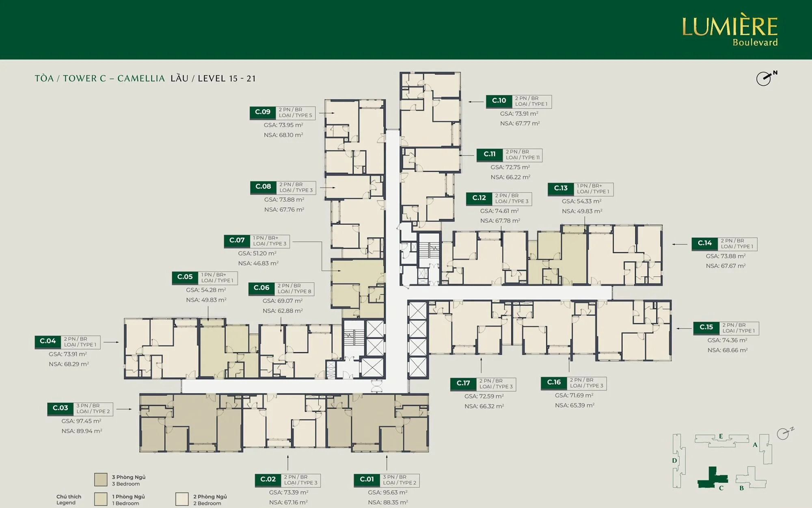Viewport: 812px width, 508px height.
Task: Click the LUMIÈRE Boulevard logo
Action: pos(730,31)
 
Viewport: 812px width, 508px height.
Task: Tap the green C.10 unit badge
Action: pos(499,101)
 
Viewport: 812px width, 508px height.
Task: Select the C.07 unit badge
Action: pos(237,241)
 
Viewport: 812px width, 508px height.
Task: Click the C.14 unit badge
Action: pos(705,243)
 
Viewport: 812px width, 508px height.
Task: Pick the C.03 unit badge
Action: pos(60,408)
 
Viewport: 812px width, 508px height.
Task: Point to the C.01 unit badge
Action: pos(367,480)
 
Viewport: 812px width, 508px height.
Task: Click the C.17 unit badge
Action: pos(463,384)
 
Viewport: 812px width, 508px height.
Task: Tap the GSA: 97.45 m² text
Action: pos(81,421)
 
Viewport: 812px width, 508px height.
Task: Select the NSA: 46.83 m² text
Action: pos(258,263)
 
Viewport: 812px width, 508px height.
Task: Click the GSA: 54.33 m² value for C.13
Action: pos(582,202)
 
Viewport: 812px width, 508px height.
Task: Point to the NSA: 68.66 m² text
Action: pos(728,350)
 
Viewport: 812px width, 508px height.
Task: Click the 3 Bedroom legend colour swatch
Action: pos(101,480)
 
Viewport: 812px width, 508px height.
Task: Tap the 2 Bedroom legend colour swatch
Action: pos(182,499)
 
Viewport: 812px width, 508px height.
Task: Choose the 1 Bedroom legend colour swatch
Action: pos(101,499)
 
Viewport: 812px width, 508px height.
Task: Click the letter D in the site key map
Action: pos(674,460)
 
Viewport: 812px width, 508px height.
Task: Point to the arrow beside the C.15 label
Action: pos(684,328)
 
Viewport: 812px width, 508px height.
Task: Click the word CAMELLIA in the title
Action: pos(141,78)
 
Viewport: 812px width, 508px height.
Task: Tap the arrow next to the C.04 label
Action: pos(111,342)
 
